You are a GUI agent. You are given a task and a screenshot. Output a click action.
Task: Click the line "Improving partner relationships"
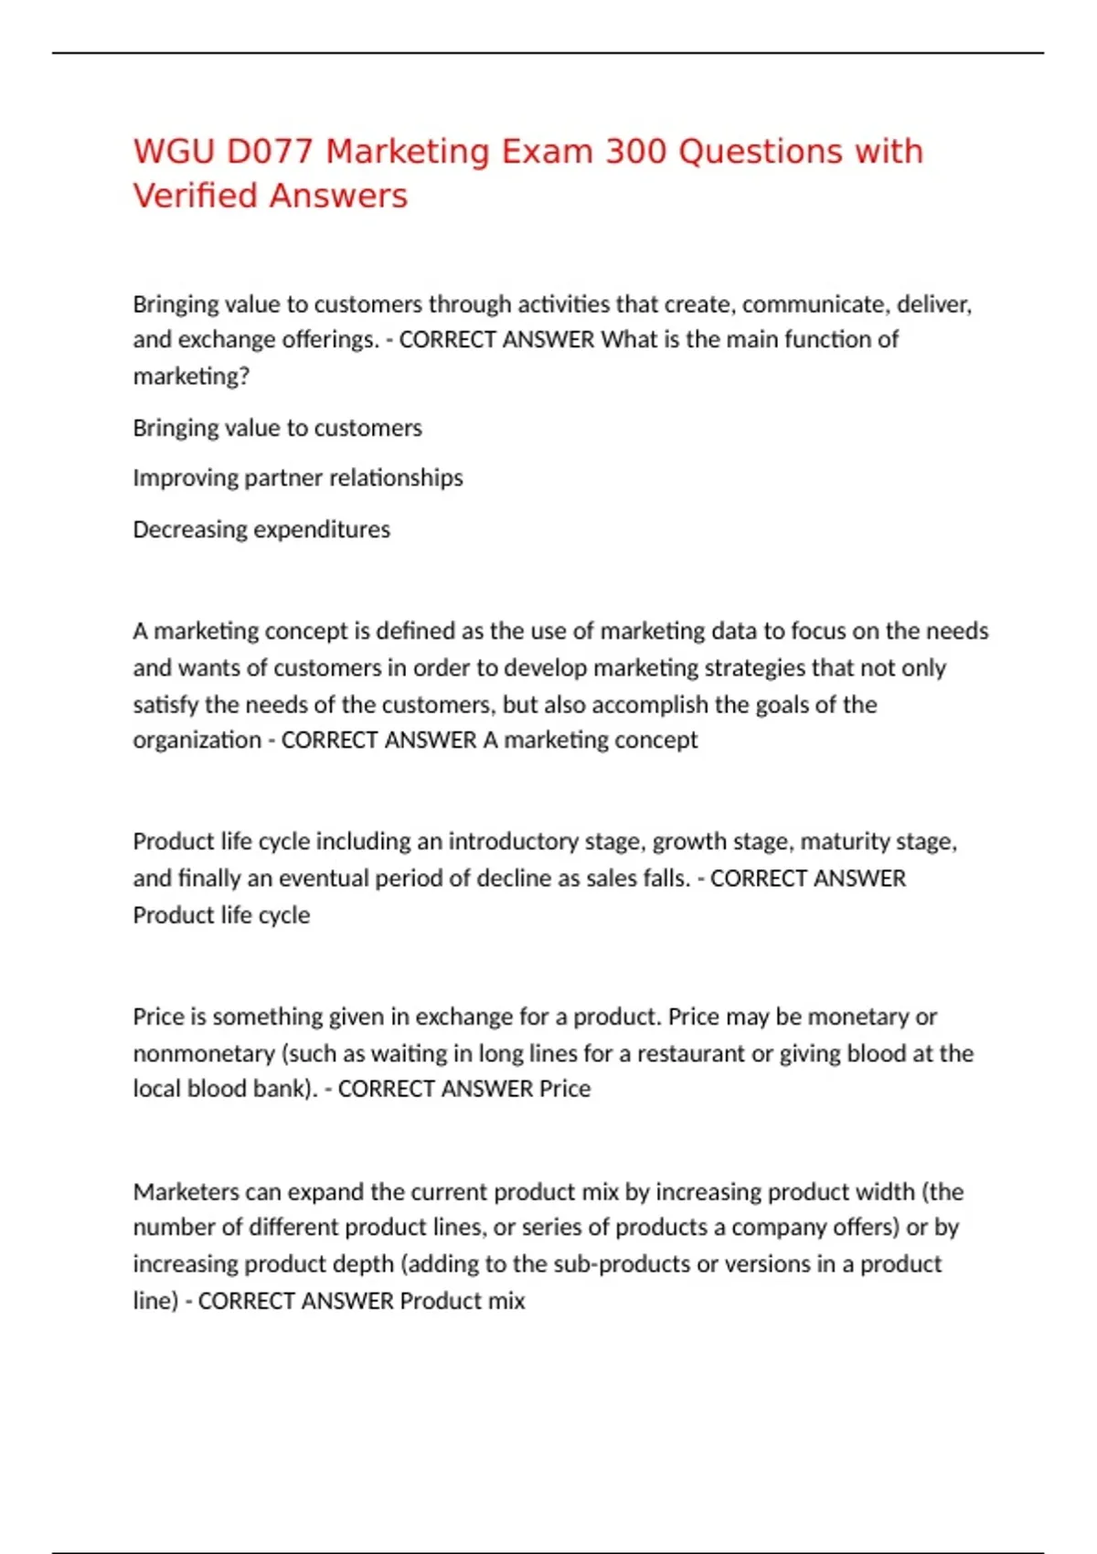point(298,478)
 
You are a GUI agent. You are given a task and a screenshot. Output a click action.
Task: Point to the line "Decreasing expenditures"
point(261,529)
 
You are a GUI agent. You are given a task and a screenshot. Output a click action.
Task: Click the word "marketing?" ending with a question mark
point(191,376)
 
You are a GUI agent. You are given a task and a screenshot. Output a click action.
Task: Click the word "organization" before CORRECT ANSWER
point(197,740)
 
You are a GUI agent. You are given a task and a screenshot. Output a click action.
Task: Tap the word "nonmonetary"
point(203,1053)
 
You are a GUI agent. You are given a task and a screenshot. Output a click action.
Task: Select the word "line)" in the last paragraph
point(155,1301)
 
